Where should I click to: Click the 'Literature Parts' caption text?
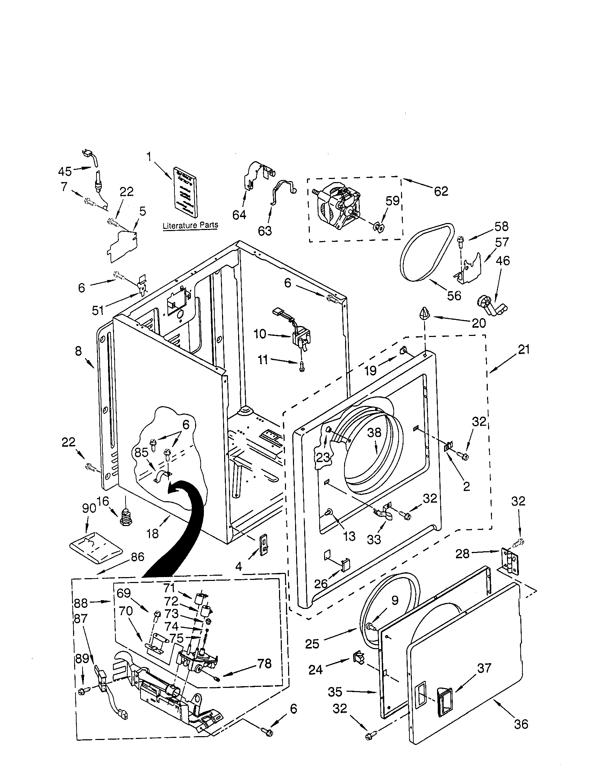[191, 225]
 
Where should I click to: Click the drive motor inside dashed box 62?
[338, 209]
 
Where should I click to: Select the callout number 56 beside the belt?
[454, 295]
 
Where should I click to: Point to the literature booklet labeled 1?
[186, 197]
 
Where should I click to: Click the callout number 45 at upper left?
[65, 171]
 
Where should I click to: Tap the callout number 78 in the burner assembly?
[264, 663]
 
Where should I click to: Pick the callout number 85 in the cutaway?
[142, 452]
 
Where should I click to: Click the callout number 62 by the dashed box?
[441, 191]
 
